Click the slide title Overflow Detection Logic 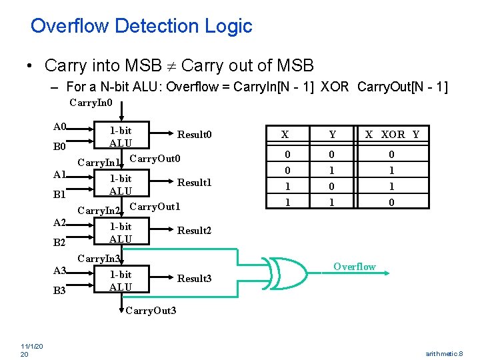141,26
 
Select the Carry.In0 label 91,103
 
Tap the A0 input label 60,126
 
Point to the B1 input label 60,195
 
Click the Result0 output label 194,135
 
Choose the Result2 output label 194,231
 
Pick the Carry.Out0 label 155,159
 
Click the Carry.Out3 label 151,311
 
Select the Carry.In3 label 99,258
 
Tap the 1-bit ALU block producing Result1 121,185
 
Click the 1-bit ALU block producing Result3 121,281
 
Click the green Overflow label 355,267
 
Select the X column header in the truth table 285,135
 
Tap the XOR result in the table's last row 392,202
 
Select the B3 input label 60,291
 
